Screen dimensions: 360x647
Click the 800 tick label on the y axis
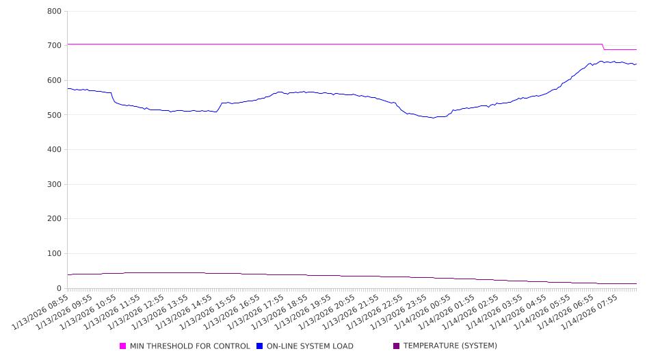click(x=55, y=12)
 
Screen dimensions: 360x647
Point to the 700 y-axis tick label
click(x=55, y=46)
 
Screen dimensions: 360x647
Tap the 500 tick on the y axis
click(x=55, y=115)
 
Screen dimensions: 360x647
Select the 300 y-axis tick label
click(x=55, y=185)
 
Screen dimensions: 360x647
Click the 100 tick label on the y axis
click(x=55, y=254)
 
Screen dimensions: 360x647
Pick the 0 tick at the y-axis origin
click(x=60, y=289)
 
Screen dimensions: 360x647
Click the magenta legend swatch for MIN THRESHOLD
click(x=123, y=346)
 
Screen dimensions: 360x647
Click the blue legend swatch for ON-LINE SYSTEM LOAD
click(x=260, y=346)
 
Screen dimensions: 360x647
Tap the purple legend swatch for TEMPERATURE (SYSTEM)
click(x=397, y=346)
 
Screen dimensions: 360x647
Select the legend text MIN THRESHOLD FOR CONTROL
click(x=189, y=346)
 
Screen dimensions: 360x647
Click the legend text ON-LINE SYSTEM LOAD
click(x=310, y=346)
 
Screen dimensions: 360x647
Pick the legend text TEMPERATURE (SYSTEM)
click(x=450, y=346)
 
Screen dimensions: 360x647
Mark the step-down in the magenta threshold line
click(x=603, y=47)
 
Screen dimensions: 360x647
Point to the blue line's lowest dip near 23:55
click(x=432, y=118)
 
